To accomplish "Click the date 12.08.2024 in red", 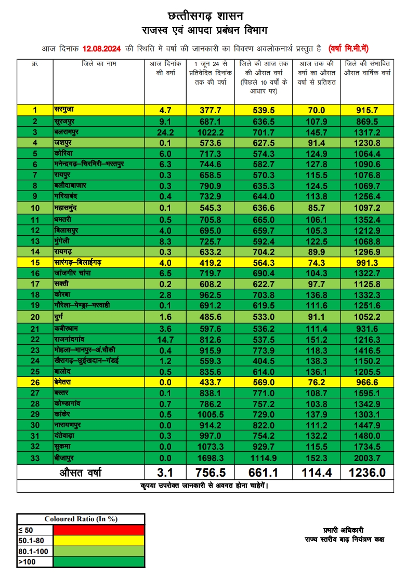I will (x=101, y=49).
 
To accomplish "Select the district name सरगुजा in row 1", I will (x=65, y=110).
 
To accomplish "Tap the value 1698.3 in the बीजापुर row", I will (x=211, y=458).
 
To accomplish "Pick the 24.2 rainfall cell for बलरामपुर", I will (x=164, y=132).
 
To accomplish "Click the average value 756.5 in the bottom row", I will (x=211, y=473).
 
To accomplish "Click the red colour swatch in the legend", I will (x=99, y=529).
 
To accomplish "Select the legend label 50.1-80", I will (x=31, y=540).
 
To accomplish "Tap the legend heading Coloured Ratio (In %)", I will (x=81, y=519).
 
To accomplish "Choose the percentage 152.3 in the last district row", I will (x=316, y=458).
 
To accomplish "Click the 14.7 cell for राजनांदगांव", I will (x=164, y=339).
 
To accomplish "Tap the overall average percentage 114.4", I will (x=316, y=473).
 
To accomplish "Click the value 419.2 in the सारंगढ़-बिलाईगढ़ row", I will (x=211, y=263).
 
